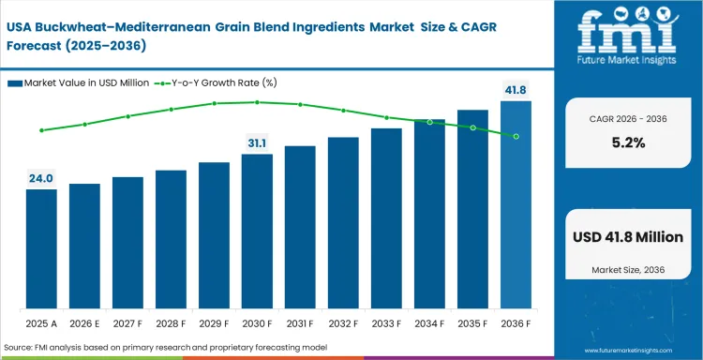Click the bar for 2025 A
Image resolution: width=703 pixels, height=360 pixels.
(x=41, y=249)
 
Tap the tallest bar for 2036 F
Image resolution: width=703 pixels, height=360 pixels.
(x=516, y=205)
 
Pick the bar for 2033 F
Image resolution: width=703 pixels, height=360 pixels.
(x=386, y=218)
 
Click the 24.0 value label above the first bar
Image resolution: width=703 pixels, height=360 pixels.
(x=41, y=178)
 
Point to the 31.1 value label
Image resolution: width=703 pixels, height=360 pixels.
(x=257, y=142)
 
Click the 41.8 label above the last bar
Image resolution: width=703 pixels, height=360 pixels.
(x=516, y=89)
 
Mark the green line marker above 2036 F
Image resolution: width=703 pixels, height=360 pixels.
(x=516, y=136)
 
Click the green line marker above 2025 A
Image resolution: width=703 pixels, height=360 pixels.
(x=41, y=130)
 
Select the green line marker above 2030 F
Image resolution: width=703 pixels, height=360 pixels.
(x=257, y=102)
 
